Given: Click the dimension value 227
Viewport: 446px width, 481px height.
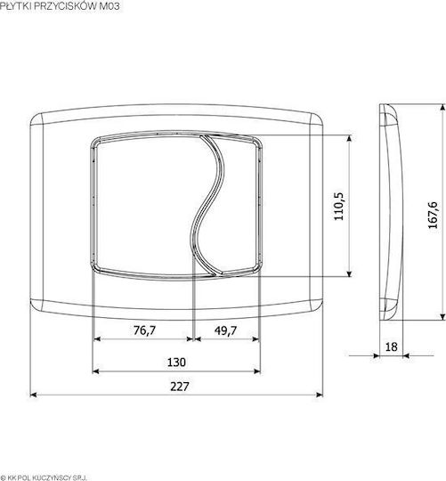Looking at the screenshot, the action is [180, 387].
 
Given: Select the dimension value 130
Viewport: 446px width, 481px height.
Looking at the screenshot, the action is [176, 363].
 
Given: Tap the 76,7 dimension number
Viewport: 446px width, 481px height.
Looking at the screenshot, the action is [145, 330].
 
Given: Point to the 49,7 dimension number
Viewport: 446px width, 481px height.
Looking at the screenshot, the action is [225, 330].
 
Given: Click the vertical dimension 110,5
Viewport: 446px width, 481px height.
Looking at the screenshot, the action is [339, 207].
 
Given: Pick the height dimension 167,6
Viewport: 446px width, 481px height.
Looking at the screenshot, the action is [434, 215].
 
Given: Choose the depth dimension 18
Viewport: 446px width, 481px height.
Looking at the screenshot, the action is [391, 347].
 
